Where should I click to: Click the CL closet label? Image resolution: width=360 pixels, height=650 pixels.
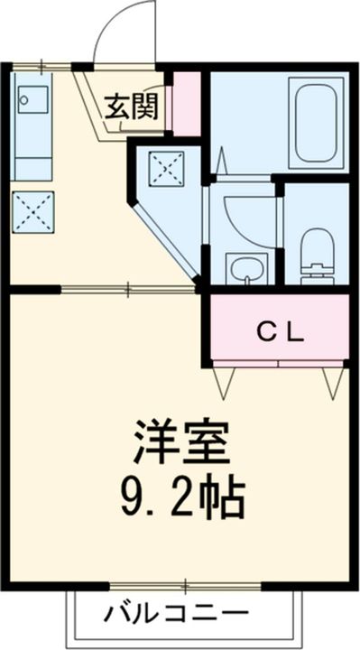coord(281,331)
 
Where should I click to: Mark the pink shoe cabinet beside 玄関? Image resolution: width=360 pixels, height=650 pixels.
coord(187,100)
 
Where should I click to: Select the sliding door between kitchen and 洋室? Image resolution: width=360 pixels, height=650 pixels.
coord(126,290)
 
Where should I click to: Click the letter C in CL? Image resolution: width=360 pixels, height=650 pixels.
coord(267,331)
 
